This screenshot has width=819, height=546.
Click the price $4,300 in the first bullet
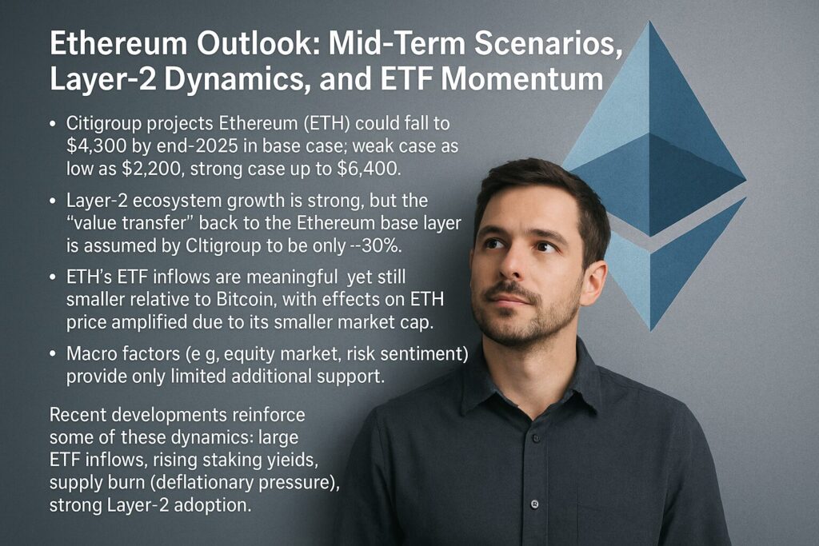pyautogui.click(x=96, y=146)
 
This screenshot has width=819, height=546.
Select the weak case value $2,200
pyautogui.click(x=150, y=169)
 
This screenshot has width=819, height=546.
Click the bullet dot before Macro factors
pyautogui.click(x=52, y=354)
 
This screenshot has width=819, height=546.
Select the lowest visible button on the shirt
pyautogui.click(x=534, y=504)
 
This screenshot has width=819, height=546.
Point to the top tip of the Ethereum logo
pyautogui.click(x=650, y=21)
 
